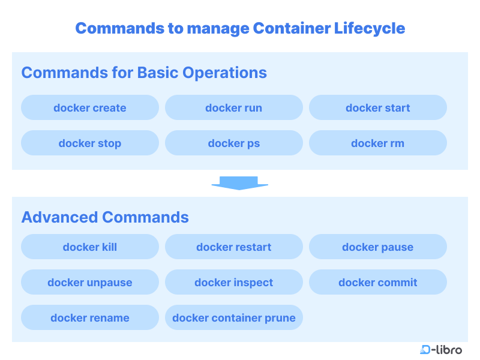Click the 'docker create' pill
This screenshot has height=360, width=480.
click(90, 108)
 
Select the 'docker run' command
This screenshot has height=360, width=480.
click(234, 108)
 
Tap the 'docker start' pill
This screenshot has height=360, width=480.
click(378, 108)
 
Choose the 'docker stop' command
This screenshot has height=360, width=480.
click(90, 143)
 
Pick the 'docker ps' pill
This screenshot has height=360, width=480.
click(234, 143)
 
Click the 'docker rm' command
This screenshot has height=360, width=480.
click(378, 143)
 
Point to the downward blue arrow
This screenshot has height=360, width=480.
click(239, 182)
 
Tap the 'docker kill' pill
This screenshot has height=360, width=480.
click(90, 247)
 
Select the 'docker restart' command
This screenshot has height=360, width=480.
click(234, 247)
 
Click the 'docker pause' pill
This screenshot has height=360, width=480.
click(378, 247)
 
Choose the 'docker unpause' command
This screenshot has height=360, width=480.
click(90, 283)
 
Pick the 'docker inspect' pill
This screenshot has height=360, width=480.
click(234, 283)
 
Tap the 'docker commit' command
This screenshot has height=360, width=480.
click(378, 283)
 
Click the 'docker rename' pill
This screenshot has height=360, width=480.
click(90, 318)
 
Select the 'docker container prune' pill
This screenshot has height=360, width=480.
click(234, 318)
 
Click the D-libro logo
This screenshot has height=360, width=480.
click(441, 350)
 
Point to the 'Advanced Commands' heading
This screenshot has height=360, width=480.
click(105, 217)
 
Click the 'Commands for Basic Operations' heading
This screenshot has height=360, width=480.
click(144, 73)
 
